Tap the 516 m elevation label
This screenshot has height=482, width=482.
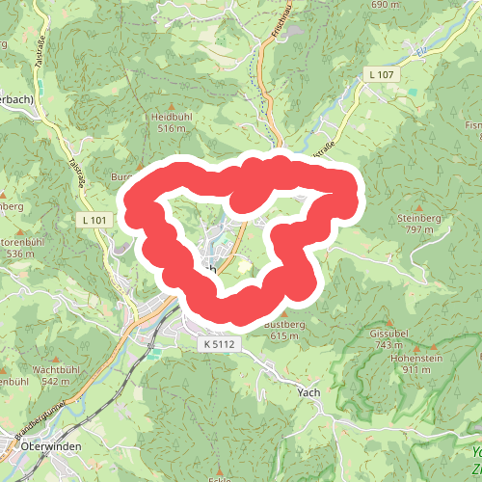tap(171, 127)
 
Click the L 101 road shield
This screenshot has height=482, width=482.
tap(93, 221)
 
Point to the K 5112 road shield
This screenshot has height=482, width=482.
tap(220, 343)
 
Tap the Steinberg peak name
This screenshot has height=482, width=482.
tap(418, 219)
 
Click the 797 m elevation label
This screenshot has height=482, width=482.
tap(418, 230)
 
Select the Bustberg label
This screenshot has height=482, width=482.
tap(283, 325)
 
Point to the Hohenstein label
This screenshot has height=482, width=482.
tap(410, 358)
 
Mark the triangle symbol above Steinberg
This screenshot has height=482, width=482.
tap(418, 206)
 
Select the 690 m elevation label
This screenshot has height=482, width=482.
tap(384, 5)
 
